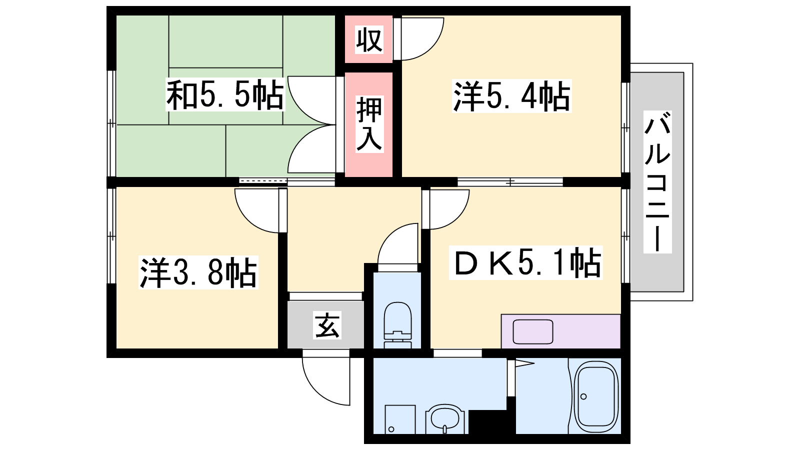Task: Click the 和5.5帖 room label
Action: coord(225,94)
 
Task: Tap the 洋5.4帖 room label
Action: coord(511,96)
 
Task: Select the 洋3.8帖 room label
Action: coord(198,272)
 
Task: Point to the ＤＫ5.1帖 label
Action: coord(525,262)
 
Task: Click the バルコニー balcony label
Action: coord(657,182)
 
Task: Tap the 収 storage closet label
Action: coord(369,39)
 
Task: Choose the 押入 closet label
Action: coord(369,124)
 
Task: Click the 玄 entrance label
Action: coord(327,325)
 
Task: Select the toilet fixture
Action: coord(397,325)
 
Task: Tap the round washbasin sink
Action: coord(445,418)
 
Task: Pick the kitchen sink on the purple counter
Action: coord(533,332)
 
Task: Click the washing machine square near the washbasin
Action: coord(400,419)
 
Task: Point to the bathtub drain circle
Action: coord(583,396)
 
